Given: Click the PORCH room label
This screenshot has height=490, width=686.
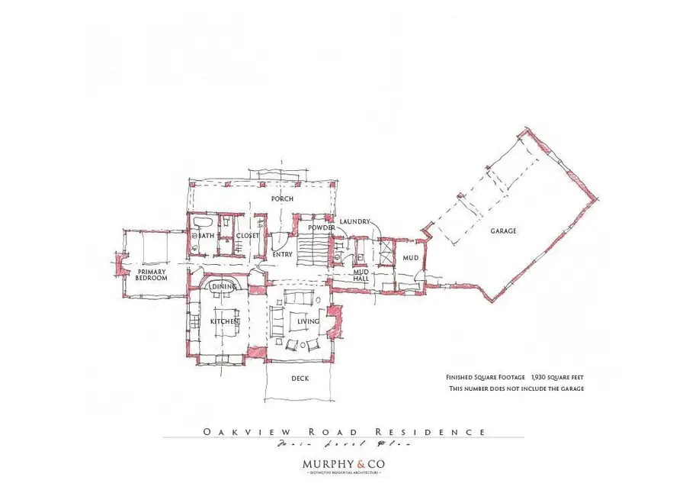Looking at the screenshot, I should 282,199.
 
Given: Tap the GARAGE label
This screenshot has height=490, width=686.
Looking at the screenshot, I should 503,230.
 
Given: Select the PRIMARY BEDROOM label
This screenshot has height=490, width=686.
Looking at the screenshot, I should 152,275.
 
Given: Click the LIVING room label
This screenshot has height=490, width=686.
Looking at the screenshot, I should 308,321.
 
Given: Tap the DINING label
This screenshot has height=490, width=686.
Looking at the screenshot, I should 224,286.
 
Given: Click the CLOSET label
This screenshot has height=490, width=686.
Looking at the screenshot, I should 247,236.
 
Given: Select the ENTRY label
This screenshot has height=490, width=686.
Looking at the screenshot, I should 282,254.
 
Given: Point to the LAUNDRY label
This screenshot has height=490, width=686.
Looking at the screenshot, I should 354,221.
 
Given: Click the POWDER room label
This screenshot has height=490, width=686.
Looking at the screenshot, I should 322,228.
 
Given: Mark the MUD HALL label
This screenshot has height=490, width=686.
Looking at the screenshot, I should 361,275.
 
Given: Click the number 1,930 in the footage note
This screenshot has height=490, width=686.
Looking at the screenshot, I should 542,377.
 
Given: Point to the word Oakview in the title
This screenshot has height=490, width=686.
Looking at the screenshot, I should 232,432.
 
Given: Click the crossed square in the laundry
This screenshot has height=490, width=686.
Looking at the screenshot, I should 386,250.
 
